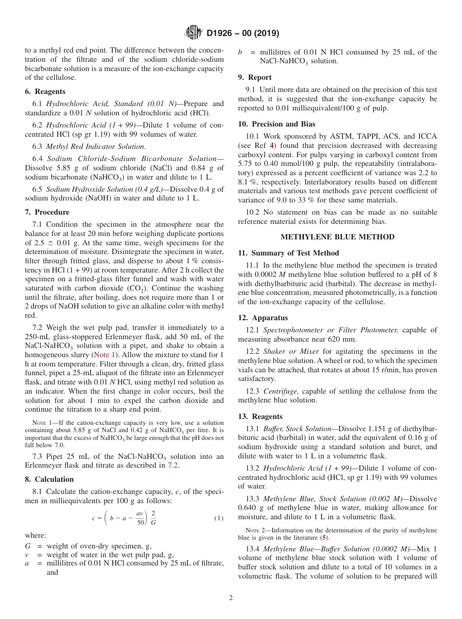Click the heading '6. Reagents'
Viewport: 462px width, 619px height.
pos(45,91)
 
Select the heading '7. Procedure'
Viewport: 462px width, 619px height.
pos(47,212)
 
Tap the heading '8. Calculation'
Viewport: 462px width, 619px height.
pos(49,479)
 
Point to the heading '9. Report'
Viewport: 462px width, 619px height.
pos(255,77)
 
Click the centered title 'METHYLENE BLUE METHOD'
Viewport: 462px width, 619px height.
pos(337,237)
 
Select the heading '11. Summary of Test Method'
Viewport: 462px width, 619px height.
pos(288,253)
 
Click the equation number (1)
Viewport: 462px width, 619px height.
pos(219,519)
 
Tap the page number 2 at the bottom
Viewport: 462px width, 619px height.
pos(231,598)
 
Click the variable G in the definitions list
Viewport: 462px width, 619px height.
pos(28,546)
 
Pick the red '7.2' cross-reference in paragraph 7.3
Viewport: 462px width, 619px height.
pos(173,465)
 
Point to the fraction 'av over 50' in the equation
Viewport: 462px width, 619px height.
pos(140,518)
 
